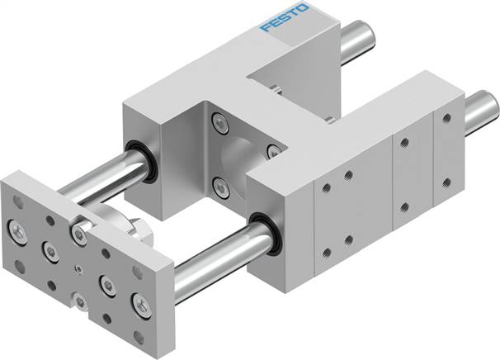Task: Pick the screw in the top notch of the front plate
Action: pyautogui.click(x=78, y=234)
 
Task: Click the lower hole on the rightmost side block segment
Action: pyautogui.click(x=446, y=181)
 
